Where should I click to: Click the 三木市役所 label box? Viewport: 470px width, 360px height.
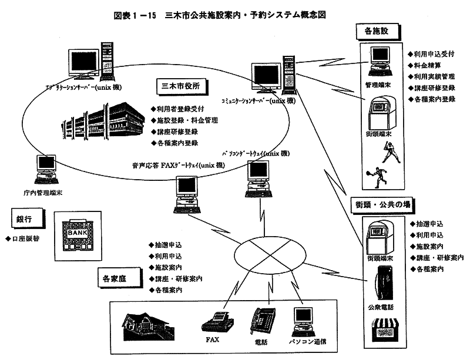pyautogui.click(x=181, y=86)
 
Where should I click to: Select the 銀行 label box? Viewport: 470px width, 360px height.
pyautogui.click(x=20, y=218)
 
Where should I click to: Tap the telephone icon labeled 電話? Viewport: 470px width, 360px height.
pyautogui.click(x=261, y=320)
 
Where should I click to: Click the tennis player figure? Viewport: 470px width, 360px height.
pyautogui.click(x=375, y=176)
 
